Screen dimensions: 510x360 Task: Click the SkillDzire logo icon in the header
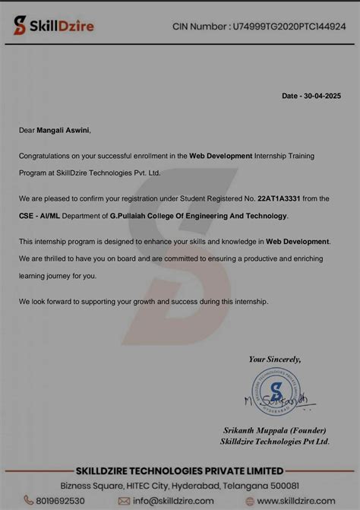(18, 26)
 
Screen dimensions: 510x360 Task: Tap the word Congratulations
(45, 155)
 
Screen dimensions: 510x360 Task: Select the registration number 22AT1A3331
(279, 198)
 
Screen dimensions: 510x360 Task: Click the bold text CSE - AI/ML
(40, 216)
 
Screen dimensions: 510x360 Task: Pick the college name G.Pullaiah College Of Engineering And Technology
(198, 216)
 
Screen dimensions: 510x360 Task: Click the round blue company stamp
(276, 391)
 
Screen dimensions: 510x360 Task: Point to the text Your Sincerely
(275, 359)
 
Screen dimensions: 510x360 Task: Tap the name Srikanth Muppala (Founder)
(274, 430)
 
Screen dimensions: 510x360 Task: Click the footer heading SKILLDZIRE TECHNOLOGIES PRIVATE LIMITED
(179, 470)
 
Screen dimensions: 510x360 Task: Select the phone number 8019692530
(64, 501)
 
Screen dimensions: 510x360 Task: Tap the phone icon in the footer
(29, 501)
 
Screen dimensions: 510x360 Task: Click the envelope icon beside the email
(124, 501)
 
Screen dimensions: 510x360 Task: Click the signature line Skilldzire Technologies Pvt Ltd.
(274, 441)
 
